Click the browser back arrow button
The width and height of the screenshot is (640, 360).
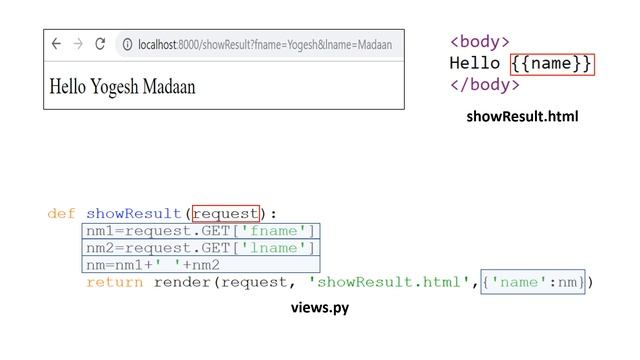56,44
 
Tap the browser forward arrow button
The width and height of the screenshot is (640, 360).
77,44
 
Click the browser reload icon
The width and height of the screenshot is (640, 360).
99,44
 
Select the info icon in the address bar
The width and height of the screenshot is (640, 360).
127,44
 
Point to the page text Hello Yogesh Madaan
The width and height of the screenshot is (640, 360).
122,87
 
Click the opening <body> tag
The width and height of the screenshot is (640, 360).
480,42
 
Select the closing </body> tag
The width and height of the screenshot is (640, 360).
485,85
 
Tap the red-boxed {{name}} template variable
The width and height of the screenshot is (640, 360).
552,64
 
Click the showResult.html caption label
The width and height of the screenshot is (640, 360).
522,117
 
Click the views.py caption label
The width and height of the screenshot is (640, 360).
319,309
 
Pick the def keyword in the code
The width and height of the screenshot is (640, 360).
61,213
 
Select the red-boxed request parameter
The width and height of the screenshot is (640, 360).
226,213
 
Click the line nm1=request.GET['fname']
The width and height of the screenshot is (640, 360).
201,231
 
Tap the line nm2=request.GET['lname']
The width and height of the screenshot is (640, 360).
201,248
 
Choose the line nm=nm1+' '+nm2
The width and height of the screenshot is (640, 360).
153,265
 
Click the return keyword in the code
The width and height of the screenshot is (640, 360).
114,282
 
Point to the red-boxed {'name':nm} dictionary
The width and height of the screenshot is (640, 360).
534,282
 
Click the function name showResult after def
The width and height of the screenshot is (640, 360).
134,213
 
